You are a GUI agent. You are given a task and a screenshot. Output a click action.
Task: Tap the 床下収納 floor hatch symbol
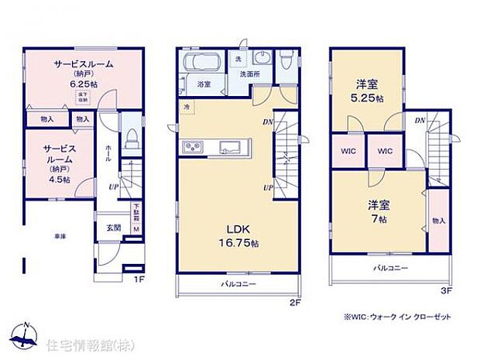(x=82, y=97)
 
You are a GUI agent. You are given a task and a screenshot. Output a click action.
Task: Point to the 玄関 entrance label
(x=114, y=228)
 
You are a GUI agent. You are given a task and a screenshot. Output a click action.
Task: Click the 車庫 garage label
(x=60, y=235)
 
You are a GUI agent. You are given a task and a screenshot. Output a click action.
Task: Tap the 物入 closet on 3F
(x=438, y=220)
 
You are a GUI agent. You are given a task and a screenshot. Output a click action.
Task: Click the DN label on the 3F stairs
(x=419, y=120)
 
